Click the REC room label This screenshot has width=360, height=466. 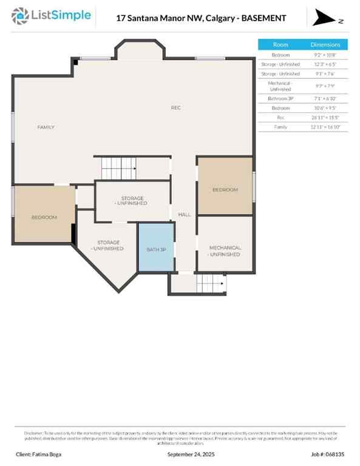[x=175, y=107]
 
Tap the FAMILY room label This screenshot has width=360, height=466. [x=46, y=127]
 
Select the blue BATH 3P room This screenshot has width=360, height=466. [x=156, y=248]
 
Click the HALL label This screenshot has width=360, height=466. [x=185, y=215]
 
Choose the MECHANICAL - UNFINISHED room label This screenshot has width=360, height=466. [x=225, y=251]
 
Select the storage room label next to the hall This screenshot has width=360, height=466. [x=132, y=201]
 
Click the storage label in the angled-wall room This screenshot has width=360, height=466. [x=109, y=246]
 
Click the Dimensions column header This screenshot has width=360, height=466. [x=325, y=44]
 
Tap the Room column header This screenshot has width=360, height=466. [x=280, y=44]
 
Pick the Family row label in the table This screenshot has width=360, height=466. [x=280, y=127]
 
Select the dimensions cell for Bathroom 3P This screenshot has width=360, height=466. [x=325, y=98]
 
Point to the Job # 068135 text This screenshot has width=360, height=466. [x=328, y=454]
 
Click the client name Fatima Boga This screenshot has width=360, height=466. [x=38, y=454]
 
